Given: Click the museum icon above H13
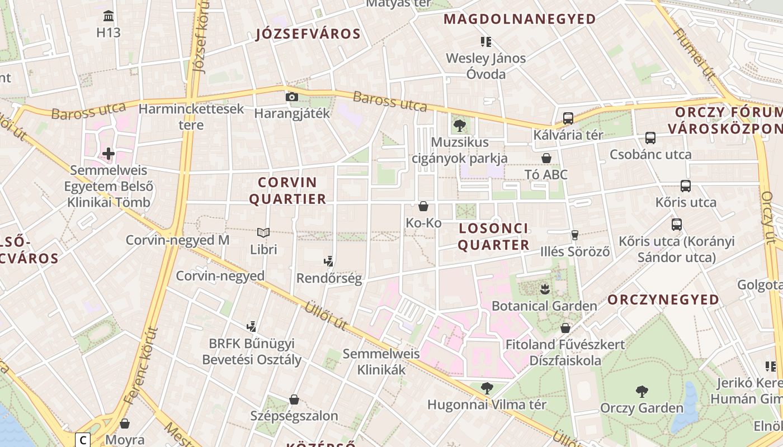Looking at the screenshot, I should (109, 16).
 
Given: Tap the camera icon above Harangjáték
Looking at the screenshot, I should (291, 97).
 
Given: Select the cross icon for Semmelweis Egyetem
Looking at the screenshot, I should (109, 153).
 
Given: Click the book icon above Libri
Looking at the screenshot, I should (263, 232).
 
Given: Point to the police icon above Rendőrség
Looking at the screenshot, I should (329, 260).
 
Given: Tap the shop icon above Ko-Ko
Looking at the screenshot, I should (423, 206).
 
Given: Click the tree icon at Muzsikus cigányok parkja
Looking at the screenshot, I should (460, 126).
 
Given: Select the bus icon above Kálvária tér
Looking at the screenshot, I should (568, 118).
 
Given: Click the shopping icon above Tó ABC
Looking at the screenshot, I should (546, 158).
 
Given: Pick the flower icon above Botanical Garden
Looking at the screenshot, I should (544, 289).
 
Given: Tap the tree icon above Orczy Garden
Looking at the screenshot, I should (642, 391).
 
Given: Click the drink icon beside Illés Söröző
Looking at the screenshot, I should (574, 235).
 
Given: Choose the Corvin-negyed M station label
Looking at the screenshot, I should (177, 240).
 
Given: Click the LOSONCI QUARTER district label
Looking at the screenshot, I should (493, 236).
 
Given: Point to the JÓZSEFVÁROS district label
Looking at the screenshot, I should (308, 34).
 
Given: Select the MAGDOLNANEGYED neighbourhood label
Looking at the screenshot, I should (520, 19).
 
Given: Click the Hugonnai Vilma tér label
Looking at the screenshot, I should (487, 404).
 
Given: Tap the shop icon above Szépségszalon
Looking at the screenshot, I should (294, 400).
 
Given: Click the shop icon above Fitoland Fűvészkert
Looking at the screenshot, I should (565, 327).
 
